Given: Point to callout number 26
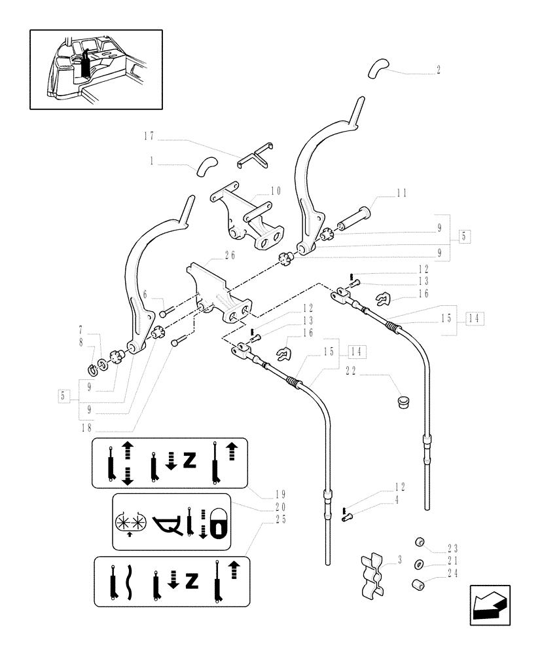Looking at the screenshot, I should (230, 255).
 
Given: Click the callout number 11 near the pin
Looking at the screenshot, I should (401, 193).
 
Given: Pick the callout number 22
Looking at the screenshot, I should (350, 371).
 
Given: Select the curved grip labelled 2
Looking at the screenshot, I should (378, 66).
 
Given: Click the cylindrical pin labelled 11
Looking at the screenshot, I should (353, 221).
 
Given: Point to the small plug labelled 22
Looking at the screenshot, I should (403, 400).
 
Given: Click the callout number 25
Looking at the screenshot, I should (281, 518).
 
